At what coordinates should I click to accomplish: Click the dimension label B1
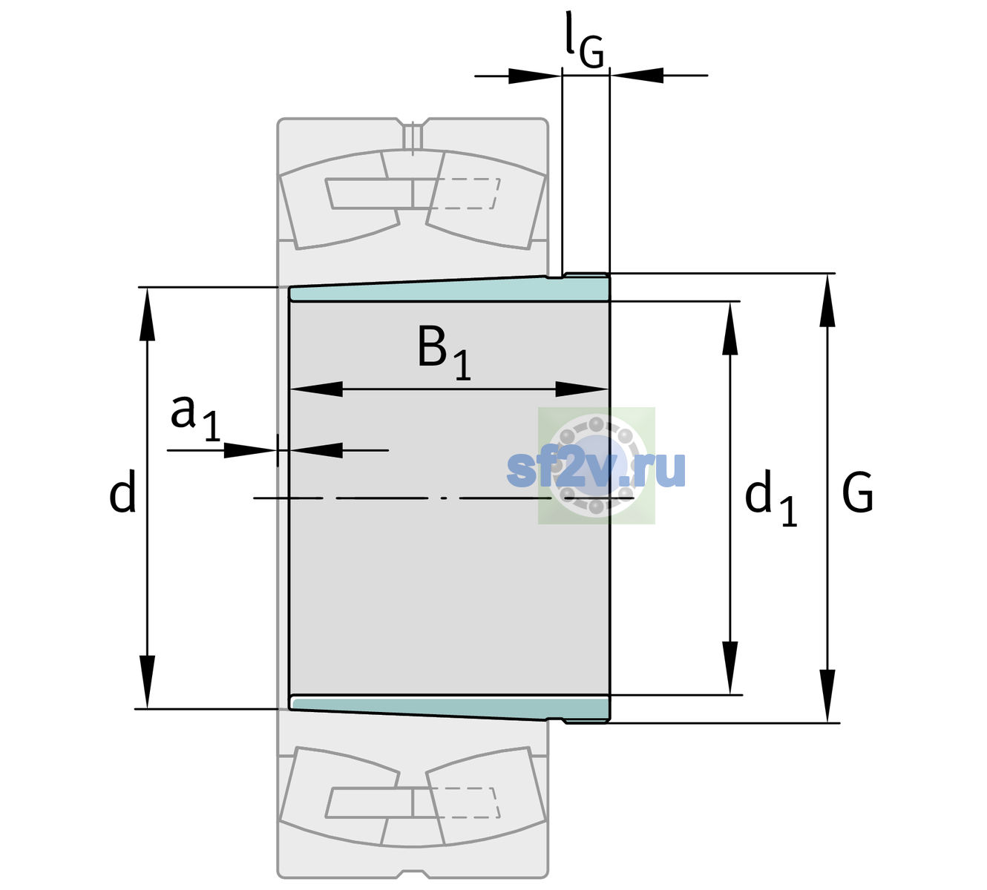pyautogui.click(x=445, y=352)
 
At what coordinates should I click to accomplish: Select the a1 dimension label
pyautogui.click(x=195, y=418)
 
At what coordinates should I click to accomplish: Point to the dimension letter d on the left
pyautogui.click(x=122, y=491)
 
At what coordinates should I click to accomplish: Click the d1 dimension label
pyautogui.click(x=770, y=498)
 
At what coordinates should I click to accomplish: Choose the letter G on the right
pyautogui.click(x=858, y=492)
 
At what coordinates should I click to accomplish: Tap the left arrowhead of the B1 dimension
pyautogui.click(x=316, y=389)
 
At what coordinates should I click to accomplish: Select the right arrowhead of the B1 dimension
pyautogui.click(x=582, y=389)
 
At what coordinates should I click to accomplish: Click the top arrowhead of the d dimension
pyautogui.click(x=147, y=314)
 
